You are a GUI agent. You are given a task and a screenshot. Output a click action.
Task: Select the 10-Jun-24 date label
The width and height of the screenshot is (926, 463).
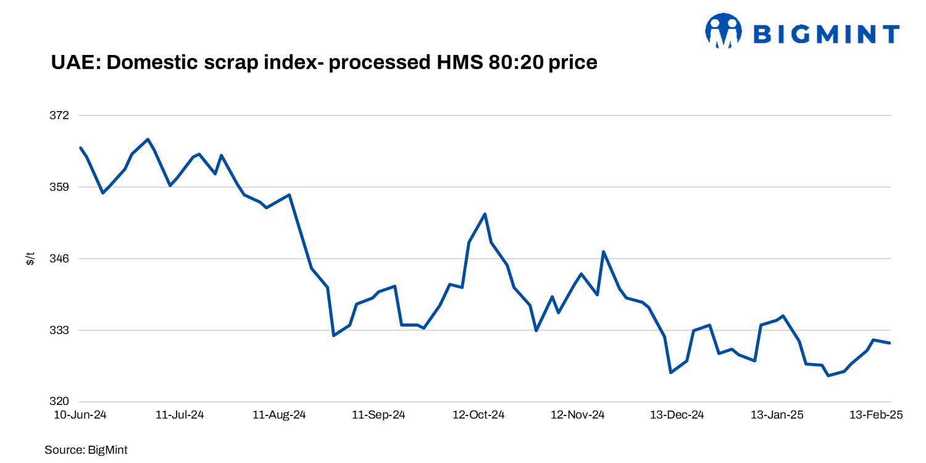(x=80, y=415)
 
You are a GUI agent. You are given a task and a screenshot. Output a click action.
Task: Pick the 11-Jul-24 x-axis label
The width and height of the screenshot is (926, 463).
(x=180, y=415)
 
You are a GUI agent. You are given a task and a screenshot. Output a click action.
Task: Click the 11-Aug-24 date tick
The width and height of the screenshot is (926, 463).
(x=279, y=415)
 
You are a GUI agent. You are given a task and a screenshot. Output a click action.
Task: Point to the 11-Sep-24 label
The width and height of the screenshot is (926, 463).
(x=378, y=415)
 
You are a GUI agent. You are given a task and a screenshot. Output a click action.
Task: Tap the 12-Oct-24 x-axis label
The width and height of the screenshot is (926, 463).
(x=478, y=415)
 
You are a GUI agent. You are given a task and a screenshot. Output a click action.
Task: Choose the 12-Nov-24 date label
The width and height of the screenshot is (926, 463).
(x=578, y=415)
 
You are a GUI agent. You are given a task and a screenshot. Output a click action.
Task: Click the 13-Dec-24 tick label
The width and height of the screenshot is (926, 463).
(x=677, y=415)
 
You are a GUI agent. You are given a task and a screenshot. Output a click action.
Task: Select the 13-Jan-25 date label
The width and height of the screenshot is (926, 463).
(x=777, y=415)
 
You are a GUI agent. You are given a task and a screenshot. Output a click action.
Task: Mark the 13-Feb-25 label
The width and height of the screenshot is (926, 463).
(x=876, y=415)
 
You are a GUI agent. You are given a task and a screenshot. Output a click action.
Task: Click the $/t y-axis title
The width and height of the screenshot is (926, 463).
(x=30, y=259)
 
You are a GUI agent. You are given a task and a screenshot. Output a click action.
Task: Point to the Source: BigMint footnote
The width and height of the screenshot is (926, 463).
(x=86, y=450)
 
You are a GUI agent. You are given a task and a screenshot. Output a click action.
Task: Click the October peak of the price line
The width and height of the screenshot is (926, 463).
(x=485, y=214)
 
